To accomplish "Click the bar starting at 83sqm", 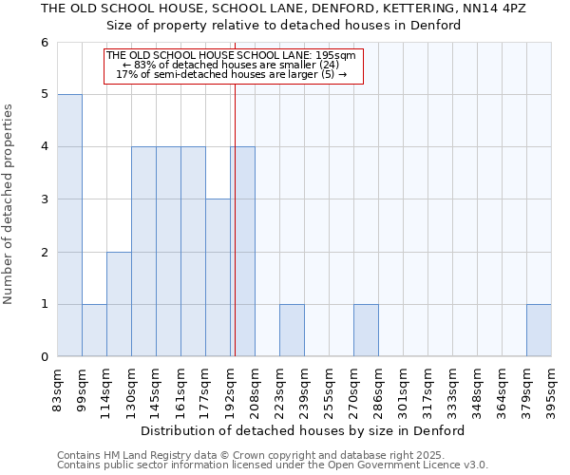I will coord(69,225).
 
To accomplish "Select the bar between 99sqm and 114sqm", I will coord(94,331).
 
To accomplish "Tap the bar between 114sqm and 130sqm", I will coord(119,304).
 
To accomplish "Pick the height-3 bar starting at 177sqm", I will coord(218,277).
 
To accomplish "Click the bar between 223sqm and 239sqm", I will coord(292,331).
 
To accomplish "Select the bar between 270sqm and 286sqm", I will coord(366,331).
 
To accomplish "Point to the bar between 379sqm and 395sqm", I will coord(539,331).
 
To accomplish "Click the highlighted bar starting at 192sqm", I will coord(242,252).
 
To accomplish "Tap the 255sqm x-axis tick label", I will coord(329,389).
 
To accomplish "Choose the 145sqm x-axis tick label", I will coord(156,389).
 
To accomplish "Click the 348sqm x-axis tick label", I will coord(477,389).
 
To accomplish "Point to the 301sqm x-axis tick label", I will coord(403,389).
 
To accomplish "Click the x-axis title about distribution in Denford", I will coord(309,430).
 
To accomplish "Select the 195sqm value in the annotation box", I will coord(336,56).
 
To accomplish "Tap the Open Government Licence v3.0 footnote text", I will coord(380,465).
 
